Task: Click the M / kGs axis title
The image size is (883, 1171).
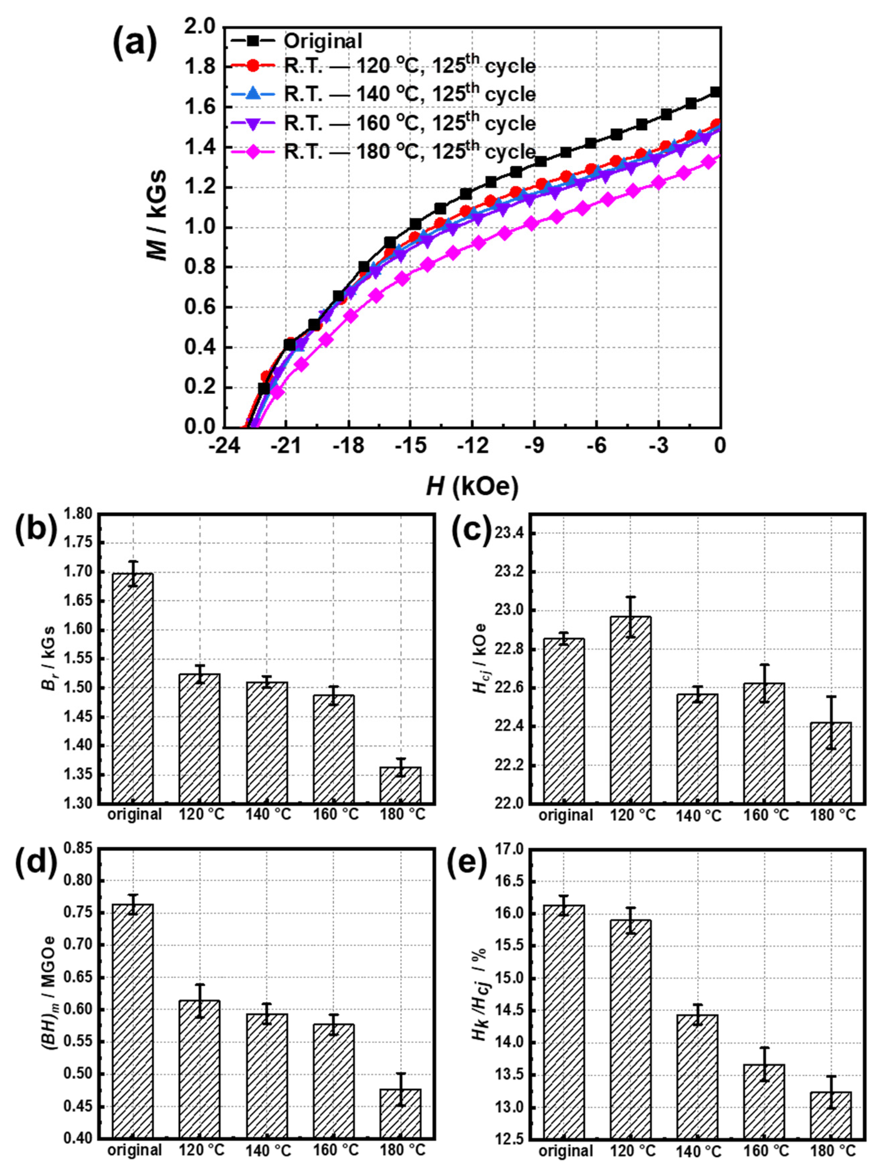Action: [x=157, y=214]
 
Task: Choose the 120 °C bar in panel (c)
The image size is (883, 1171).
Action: [x=630, y=709]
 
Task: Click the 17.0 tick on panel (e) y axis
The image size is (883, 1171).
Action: [x=511, y=850]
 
